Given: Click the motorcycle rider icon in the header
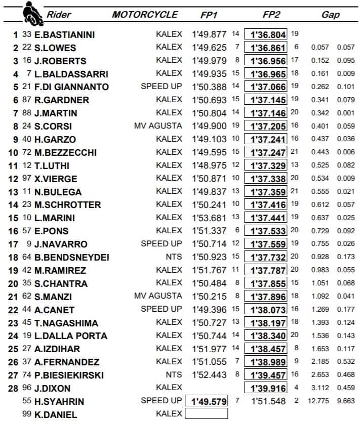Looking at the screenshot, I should (31, 14).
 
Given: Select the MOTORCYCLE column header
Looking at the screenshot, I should (145, 15).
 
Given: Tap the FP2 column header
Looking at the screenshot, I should (269, 15).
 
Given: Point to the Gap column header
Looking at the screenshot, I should (331, 15).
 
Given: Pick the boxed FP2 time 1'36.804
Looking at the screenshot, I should (265, 35).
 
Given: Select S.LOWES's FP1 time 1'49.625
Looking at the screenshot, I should (208, 48).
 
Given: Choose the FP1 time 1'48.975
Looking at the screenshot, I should (208, 165).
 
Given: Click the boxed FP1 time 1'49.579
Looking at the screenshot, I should (207, 401).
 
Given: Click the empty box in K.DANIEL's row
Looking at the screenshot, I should (207, 414).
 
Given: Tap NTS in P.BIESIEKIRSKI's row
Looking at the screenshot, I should (174, 374).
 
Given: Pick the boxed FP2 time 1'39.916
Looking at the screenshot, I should (265, 388).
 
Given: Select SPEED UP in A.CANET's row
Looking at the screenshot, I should (161, 309).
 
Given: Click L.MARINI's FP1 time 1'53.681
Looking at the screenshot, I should (208, 218).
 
